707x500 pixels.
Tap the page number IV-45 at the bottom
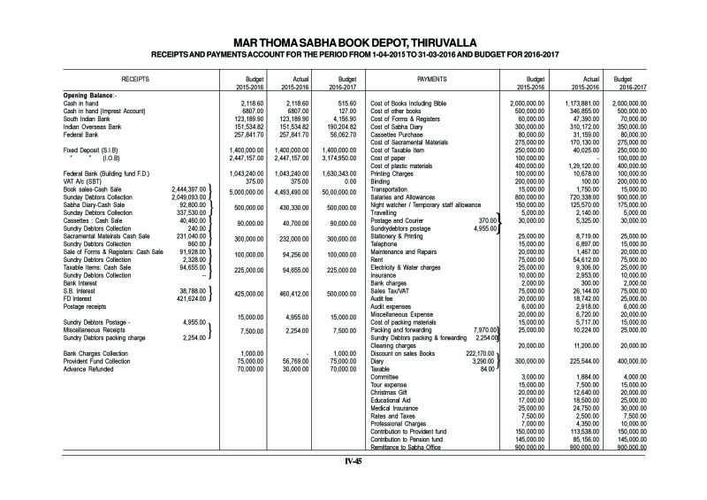point(353,461)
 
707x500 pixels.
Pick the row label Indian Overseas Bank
point(87,126)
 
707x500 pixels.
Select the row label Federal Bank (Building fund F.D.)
point(105,173)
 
